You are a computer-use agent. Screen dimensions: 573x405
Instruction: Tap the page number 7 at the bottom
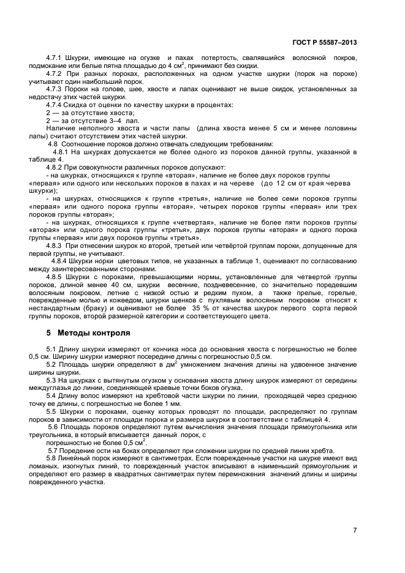click(355, 530)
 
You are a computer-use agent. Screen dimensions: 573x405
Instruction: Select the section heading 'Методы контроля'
click(94, 334)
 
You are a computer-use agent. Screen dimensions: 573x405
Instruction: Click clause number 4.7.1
click(56, 58)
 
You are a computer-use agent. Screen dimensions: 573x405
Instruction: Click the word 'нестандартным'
click(55, 309)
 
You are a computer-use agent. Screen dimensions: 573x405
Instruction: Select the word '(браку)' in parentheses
click(97, 309)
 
